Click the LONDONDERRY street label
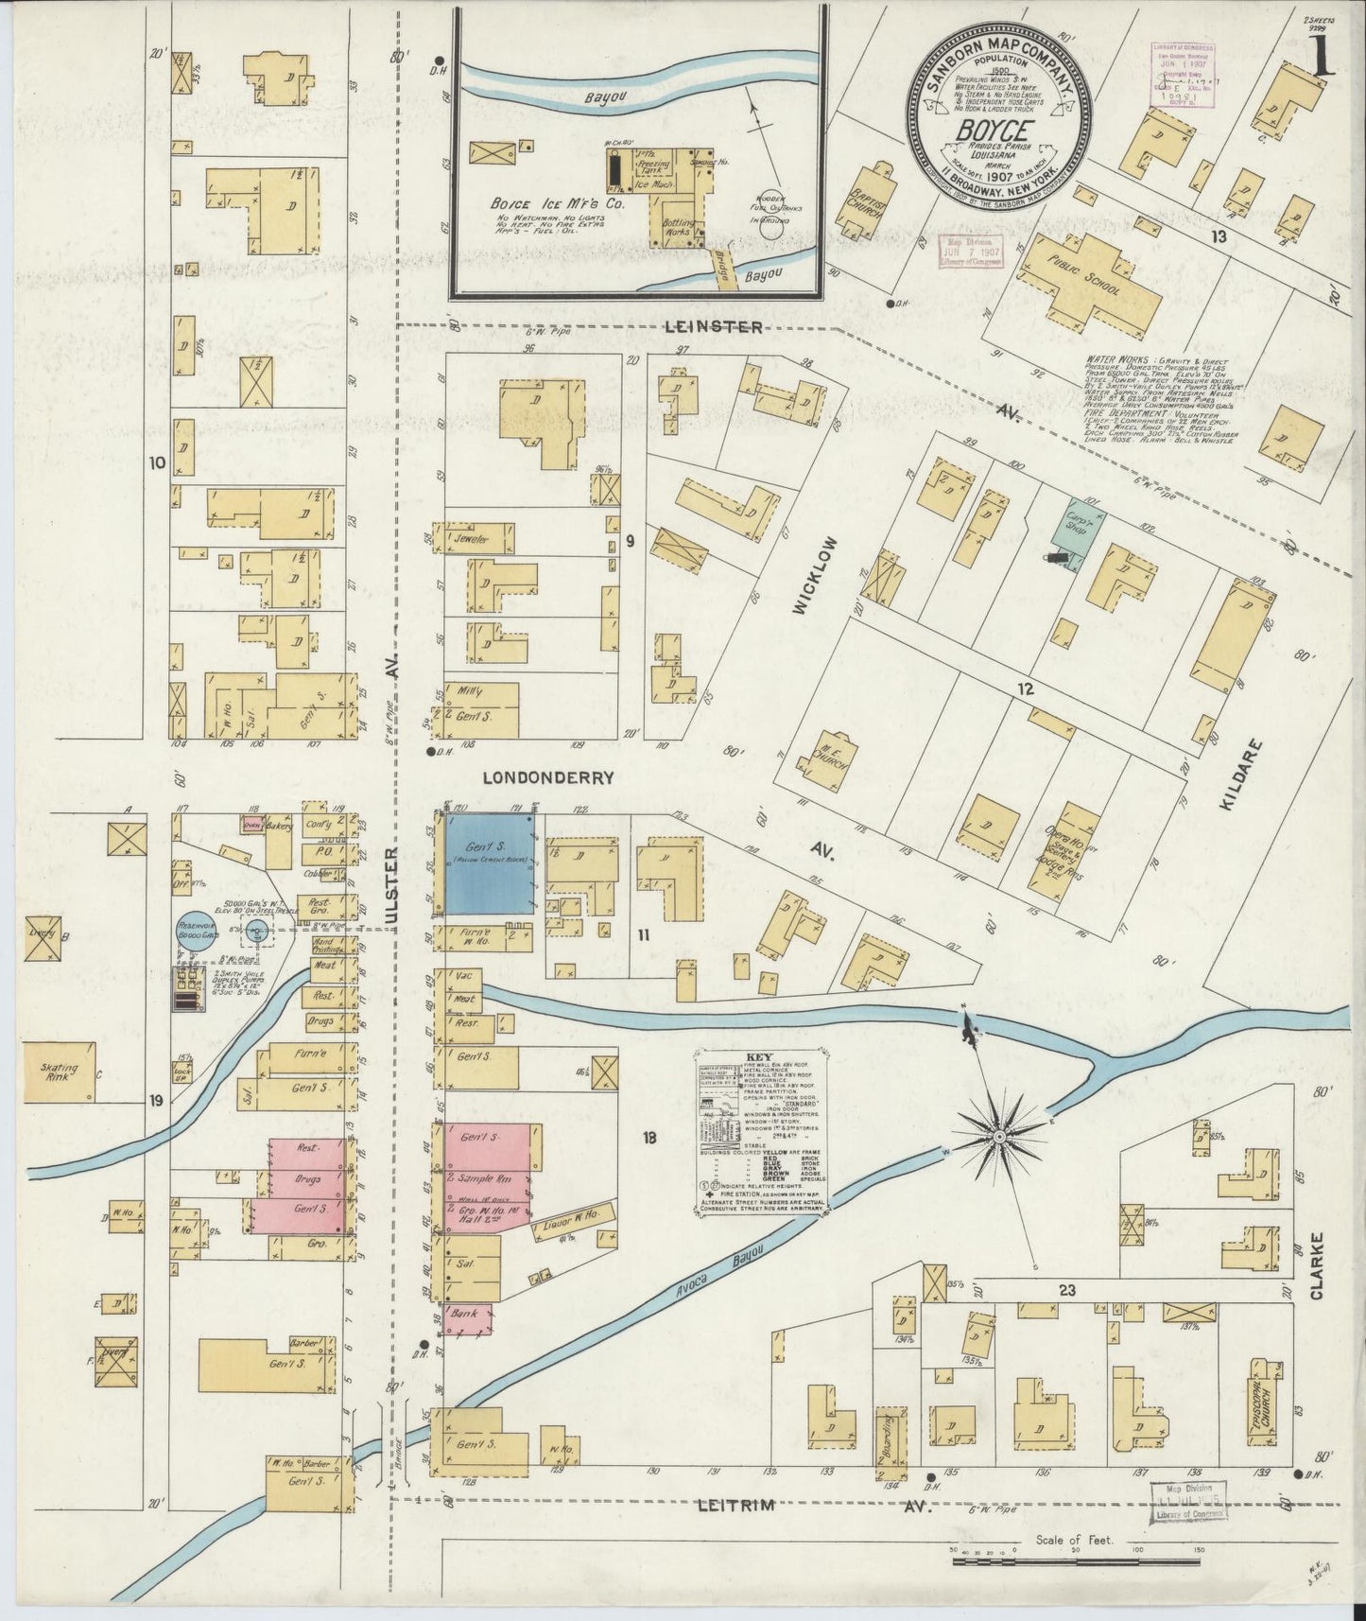[548, 778]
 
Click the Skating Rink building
[59, 1072]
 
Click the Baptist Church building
[866, 201]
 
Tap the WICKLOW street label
[802, 578]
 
